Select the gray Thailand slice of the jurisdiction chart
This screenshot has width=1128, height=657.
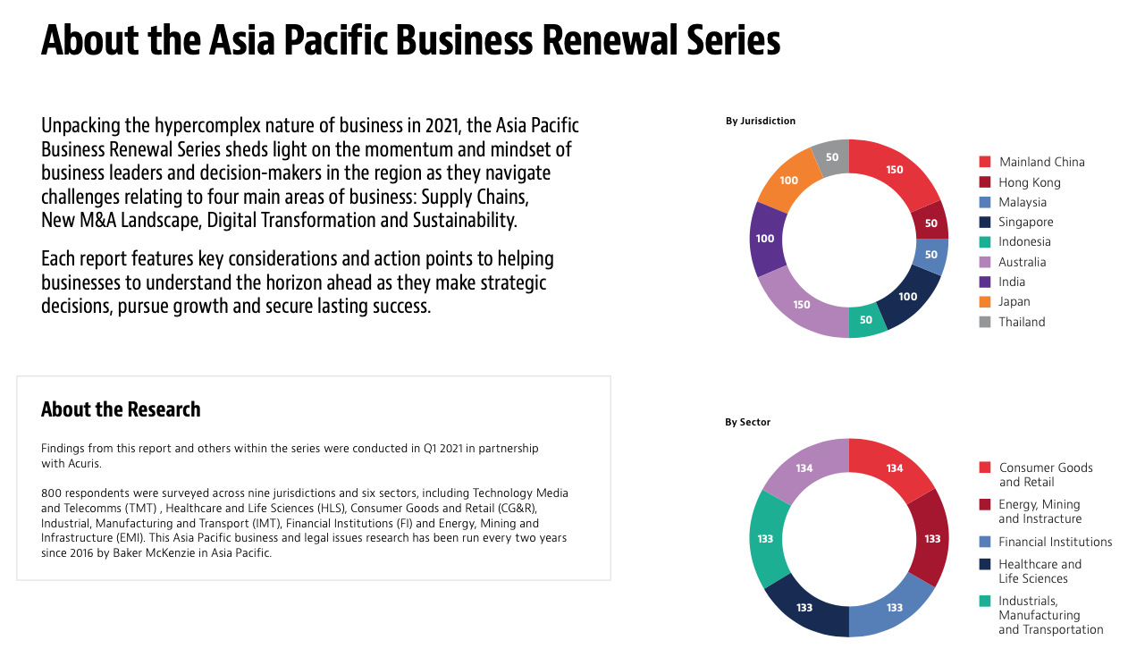click(833, 157)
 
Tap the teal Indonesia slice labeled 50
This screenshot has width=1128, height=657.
click(866, 320)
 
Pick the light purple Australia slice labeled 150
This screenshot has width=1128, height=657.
click(801, 305)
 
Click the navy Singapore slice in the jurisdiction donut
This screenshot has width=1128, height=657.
click(907, 297)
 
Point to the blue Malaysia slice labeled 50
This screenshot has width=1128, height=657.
click(931, 255)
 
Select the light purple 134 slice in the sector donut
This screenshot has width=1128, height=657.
click(804, 468)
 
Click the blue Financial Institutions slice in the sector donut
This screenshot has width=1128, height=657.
click(894, 607)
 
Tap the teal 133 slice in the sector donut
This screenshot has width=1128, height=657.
click(765, 539)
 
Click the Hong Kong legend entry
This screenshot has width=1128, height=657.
click(1020, 182)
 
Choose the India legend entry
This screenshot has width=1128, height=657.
click(1002, 282)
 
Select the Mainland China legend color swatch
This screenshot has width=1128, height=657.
click(985, 162)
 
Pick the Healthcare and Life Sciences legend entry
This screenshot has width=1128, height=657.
click(1031, 571)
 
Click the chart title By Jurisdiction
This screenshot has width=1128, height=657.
click(761, 121)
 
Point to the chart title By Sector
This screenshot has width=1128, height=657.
click(748, 422)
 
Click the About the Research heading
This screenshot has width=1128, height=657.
click(121, 409)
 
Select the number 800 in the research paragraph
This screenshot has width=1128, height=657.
click(51, 493)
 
